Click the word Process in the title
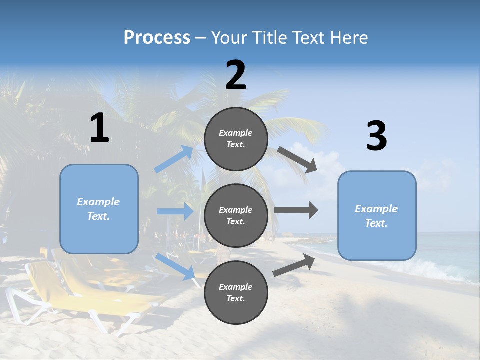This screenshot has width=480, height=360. coord(157,37)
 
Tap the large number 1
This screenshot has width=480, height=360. coord(99,128)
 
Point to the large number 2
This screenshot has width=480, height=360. coord(236,75)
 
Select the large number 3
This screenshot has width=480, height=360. coord(376,136)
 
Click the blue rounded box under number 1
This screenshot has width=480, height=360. coord(99,209)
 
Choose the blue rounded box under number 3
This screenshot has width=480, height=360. coord(377,215)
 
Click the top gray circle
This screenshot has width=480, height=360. coord(236,139)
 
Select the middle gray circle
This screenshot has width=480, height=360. coord(236,215)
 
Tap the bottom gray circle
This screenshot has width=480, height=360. coord(236,292)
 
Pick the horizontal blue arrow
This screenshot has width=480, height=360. coord(175,211)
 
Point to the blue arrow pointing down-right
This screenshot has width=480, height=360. coord(175,266)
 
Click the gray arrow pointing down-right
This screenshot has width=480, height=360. coord(297,159)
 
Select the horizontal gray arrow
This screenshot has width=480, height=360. coord(296,210)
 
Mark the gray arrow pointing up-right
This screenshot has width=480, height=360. coord(294,265)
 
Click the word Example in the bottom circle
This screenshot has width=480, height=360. coord(236,287)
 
